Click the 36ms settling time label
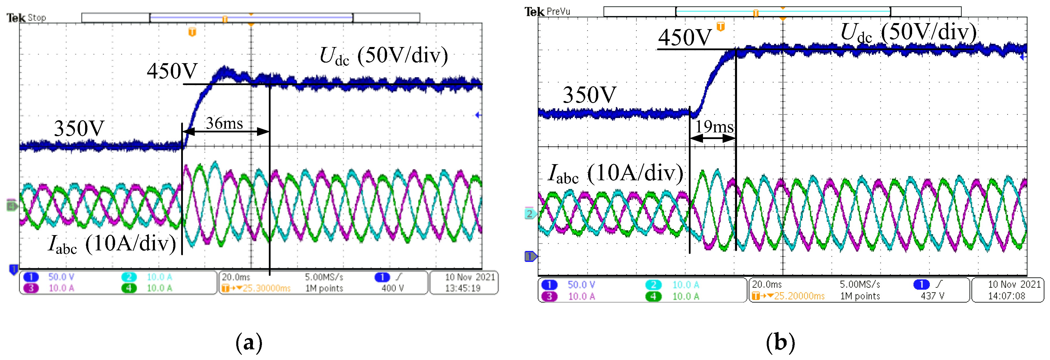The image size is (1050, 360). tap(224, 123)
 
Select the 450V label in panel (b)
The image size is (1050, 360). tap(685, 37)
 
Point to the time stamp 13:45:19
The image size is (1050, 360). tap(463, 288)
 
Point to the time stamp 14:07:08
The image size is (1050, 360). tap(1006, 296)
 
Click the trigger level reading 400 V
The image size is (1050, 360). tap(393, 288)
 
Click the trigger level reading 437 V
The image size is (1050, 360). tap(932, 296)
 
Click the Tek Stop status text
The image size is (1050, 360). tap(27, 18)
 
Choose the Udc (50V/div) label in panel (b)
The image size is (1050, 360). tap(909, 33)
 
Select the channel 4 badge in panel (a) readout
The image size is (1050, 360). tap(129, 288)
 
